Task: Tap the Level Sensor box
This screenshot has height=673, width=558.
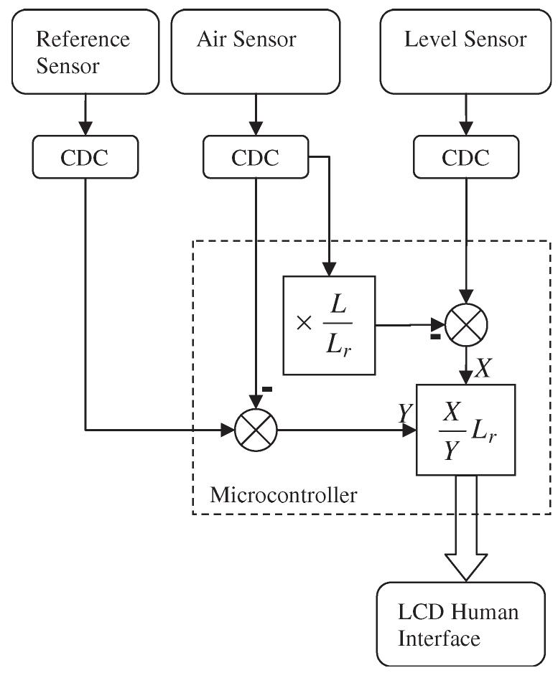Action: coord(465,51)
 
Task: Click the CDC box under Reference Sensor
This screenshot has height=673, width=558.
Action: coord(85,158)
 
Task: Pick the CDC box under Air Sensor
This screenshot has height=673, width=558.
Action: coord(255,158)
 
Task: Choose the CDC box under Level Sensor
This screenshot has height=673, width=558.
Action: coord(465,158)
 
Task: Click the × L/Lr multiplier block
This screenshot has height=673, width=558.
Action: coord(330,324)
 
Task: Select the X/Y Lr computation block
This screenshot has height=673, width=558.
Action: coord(465,430)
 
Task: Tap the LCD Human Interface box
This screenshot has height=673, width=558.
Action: coord(460,623)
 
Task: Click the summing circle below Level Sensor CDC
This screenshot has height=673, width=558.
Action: coord(466,324)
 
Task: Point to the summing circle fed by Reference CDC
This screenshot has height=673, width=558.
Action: coord(256,430)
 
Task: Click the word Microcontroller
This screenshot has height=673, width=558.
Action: coord(283,494)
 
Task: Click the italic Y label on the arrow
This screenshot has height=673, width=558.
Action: coord(405,413)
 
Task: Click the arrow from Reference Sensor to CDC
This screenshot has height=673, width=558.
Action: coord(85,115)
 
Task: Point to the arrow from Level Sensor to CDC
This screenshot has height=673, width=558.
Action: coord(465,115)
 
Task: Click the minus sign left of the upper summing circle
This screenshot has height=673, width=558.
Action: coord(435,336)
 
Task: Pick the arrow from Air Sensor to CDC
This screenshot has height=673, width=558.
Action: coord(256,115)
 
